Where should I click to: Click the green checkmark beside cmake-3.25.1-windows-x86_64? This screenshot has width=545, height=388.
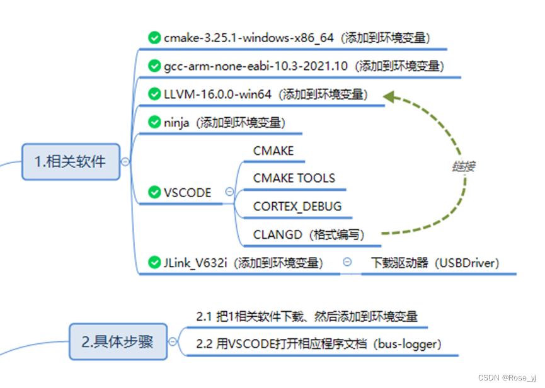pyautogui.click(x=154, y=38)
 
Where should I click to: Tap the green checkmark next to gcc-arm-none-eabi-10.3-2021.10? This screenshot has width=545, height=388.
pyautogui.click(x=154, y=66)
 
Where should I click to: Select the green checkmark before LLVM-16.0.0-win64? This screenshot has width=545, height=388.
pyautogui.click(x=154, y=94)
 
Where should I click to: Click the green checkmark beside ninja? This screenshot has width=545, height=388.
pyautogui.click(x=154, y=122)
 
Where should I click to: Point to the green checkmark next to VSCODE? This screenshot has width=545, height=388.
pyautogui.click(x=154, y=192)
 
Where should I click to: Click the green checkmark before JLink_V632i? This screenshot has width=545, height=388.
pyautogui.click(x=154, y=262)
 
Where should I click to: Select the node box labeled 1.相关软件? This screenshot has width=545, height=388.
pyautogui.click(x=70, y=161)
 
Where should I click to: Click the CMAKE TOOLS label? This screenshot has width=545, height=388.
pyautogui.click(x=294, y=178)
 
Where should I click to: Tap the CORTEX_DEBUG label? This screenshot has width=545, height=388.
pyautogui.click(x=297, y=206)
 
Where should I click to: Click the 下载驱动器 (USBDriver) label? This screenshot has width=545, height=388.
pyautogui.click(x=435, y=263)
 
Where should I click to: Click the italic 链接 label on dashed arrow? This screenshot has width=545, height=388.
pyautogui.click(x=463, y=166)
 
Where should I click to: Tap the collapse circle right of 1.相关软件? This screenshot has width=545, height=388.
pyautogui.click(x=125, y=162)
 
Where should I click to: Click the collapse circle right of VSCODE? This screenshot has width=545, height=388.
pyautogui.click(x=229, y=192)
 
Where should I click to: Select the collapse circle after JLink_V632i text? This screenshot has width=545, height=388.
pyautogui.click(x=347, y=263)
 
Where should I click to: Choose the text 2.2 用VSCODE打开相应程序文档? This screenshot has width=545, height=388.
pyautogui.click(x=318, y=344)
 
